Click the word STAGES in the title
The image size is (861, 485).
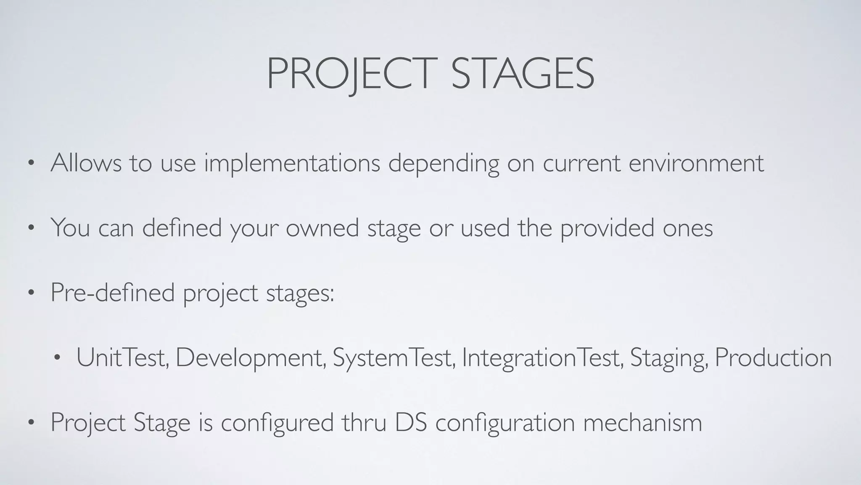coord(523,74)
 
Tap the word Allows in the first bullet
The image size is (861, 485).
coord(86,163)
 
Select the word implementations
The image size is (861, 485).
coord(292,164)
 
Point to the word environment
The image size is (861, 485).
coord(696,163)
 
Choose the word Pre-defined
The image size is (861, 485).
coord(112,292)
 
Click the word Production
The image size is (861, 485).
coord(773,357)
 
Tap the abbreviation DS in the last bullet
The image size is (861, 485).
coord(411,422)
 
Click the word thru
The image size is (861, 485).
coord(364,422)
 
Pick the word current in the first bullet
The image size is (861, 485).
coord(581,164)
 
